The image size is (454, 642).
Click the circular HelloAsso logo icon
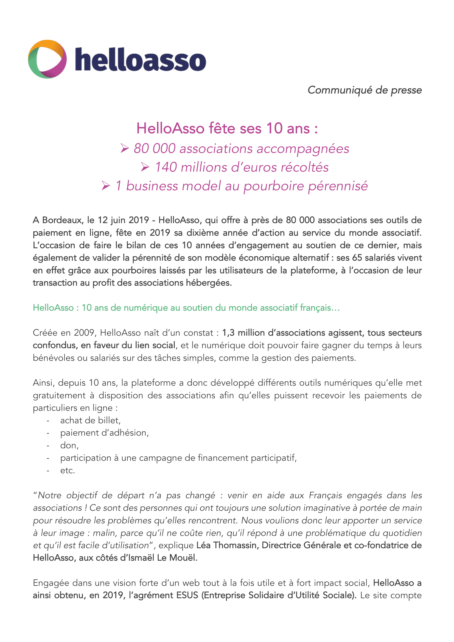(47, 59)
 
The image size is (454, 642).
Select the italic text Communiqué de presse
(365, 90)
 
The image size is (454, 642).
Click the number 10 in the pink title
(274, 128)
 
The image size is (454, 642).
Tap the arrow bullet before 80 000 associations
(125, 148)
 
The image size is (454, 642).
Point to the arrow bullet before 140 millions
(145, 167)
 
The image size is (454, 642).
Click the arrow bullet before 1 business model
(106, 186)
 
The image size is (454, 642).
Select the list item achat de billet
(90, 420)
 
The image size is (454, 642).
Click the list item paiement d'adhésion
(105, 433)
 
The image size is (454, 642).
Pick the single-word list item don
(69, 445)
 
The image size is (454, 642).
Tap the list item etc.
(68, 471)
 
